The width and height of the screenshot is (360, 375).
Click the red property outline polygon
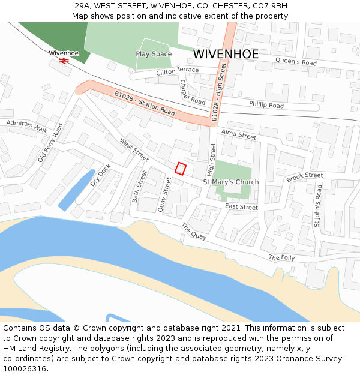tap(181, 169)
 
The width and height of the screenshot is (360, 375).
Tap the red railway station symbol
tap(64, 61)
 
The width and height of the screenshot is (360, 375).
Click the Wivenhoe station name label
tap(64, 53)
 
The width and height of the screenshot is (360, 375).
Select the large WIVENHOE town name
tap(226, 54)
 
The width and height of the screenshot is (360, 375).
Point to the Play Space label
tap(154, 54)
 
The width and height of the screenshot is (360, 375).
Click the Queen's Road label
tap(296, 61)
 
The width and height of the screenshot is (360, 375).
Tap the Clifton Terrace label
tap(177, 71)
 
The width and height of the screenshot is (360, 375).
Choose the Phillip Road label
tap(266, 106)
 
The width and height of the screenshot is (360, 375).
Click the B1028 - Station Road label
tap(145, 103)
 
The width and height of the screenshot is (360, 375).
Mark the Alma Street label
tap(238, 134)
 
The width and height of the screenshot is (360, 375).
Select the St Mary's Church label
tap(231, 182)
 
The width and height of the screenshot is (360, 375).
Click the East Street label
tap(241, 207)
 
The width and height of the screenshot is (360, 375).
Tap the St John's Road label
tap(318, 205)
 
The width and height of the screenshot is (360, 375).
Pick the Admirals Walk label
tap(26, 127)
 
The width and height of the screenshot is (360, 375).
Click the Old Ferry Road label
tap(50, 143)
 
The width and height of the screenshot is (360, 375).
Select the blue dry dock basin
tap(76, 190)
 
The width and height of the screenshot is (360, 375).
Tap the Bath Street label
tap(139, 186)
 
